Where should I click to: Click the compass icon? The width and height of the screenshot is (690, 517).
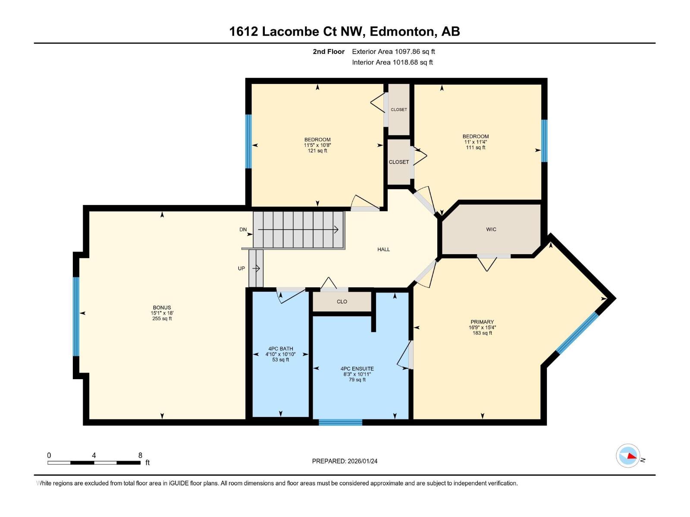[628, 456]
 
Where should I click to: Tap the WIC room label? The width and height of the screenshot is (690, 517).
[491, 229]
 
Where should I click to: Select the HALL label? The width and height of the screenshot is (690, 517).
[383, 249]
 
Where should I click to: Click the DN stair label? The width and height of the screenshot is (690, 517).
[243, 230]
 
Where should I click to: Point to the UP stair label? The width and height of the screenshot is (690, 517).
[241, 268]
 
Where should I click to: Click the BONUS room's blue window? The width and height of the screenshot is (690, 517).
[76, 317]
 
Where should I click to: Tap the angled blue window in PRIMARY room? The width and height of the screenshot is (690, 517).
[577, 333]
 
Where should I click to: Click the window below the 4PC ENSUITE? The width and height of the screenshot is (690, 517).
[340, 422]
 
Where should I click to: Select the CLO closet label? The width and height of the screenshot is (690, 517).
[342, 302]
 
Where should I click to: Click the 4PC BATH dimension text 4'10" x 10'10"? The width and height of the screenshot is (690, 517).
[280, 354]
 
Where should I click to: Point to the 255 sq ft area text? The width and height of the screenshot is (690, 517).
[162, 319]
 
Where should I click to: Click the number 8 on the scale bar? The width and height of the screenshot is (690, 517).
[140, 455]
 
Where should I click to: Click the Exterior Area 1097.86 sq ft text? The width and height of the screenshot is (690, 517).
[393, 52]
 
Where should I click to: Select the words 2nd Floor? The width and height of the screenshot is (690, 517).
[329, 52]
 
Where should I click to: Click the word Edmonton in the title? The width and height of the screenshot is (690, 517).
[401, 31]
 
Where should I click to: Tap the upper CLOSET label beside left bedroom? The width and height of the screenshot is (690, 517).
[399, 109]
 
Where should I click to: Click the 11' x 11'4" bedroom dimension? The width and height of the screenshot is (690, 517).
[476, 142]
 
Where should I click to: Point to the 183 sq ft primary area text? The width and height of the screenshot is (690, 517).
[482, 333]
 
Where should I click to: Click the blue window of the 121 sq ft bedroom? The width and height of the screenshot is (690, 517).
[248, 141]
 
